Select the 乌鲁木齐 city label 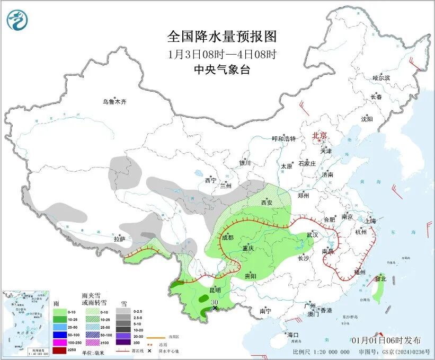(115, 101)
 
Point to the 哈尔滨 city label (381, 78)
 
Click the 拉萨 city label (119, 239)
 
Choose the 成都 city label (228, 237)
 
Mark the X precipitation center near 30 (215, 308)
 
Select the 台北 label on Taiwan (381, 278)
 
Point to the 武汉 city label (313, 234)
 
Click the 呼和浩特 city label (283, 138)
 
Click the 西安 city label (267, 203)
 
